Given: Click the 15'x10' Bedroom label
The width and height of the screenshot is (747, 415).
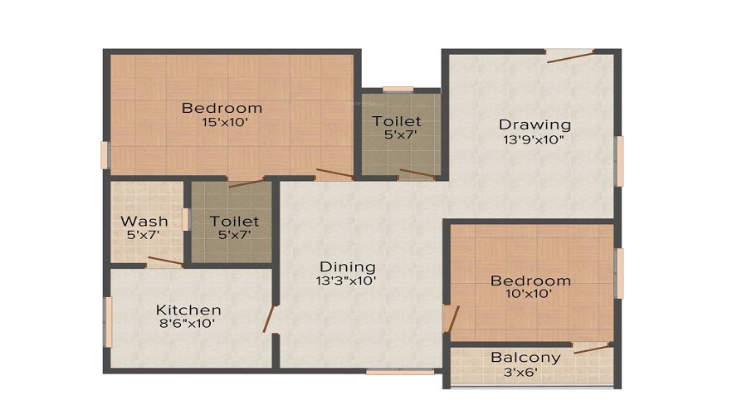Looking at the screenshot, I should click(222, 108).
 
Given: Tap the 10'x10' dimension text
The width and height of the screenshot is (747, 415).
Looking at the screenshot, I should click(530, 293).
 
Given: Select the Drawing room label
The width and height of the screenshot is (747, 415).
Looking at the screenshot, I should click(535, 125).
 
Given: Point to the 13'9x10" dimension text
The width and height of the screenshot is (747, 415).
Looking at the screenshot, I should click(535, 139).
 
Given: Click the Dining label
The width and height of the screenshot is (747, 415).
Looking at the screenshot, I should click(348, 267).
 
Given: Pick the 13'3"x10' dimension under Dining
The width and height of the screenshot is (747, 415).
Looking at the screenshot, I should click(348, 281).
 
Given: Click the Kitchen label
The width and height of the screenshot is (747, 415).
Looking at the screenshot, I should click(188, 310).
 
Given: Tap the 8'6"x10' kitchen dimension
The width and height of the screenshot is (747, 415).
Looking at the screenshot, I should click(188, 324).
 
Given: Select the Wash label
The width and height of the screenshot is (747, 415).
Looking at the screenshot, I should click(144, 222).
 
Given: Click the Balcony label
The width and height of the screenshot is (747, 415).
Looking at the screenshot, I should click(525, 358).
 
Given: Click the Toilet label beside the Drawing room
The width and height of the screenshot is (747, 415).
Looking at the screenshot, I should click(397, 122).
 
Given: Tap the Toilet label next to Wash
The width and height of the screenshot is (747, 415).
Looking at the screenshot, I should click(234, 222).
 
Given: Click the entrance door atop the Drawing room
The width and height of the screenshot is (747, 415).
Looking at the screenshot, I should click(570, 56).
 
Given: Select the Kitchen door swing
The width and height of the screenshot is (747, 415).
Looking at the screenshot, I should click(269, 319).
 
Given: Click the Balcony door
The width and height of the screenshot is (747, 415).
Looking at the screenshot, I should click(592, 348).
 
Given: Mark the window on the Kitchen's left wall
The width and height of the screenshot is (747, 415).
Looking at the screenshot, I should click(106, 321).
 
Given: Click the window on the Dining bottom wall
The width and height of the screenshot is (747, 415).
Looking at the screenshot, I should click(400, 372).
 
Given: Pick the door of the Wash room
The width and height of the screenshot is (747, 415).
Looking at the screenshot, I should click(165, 262).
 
